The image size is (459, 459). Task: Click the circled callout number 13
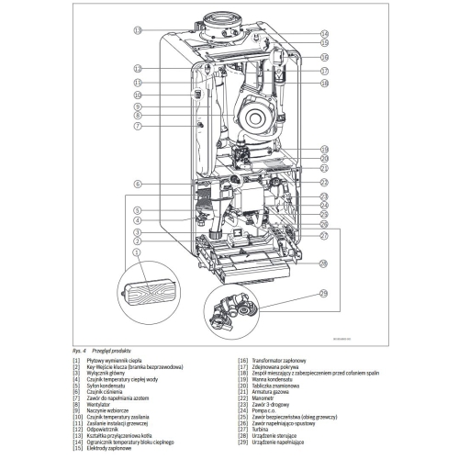(137, 30)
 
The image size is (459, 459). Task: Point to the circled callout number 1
(137, 251)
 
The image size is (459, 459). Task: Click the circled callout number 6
(137, 185)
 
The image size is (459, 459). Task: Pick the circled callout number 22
(324, 184)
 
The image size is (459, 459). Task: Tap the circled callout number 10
(137, 95)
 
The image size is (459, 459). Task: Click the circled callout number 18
(324, 84)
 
